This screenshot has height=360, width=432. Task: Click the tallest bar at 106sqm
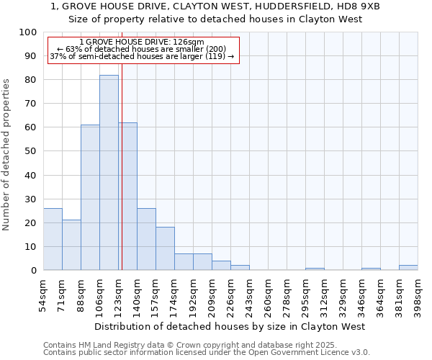[109, 173]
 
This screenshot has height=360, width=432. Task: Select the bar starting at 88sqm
[90, 197]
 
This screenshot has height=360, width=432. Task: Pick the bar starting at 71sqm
[71, 245]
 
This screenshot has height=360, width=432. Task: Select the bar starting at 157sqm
[165, 248]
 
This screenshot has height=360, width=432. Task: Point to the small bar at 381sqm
[408, 268]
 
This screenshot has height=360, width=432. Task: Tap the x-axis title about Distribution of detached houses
[229, 326]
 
